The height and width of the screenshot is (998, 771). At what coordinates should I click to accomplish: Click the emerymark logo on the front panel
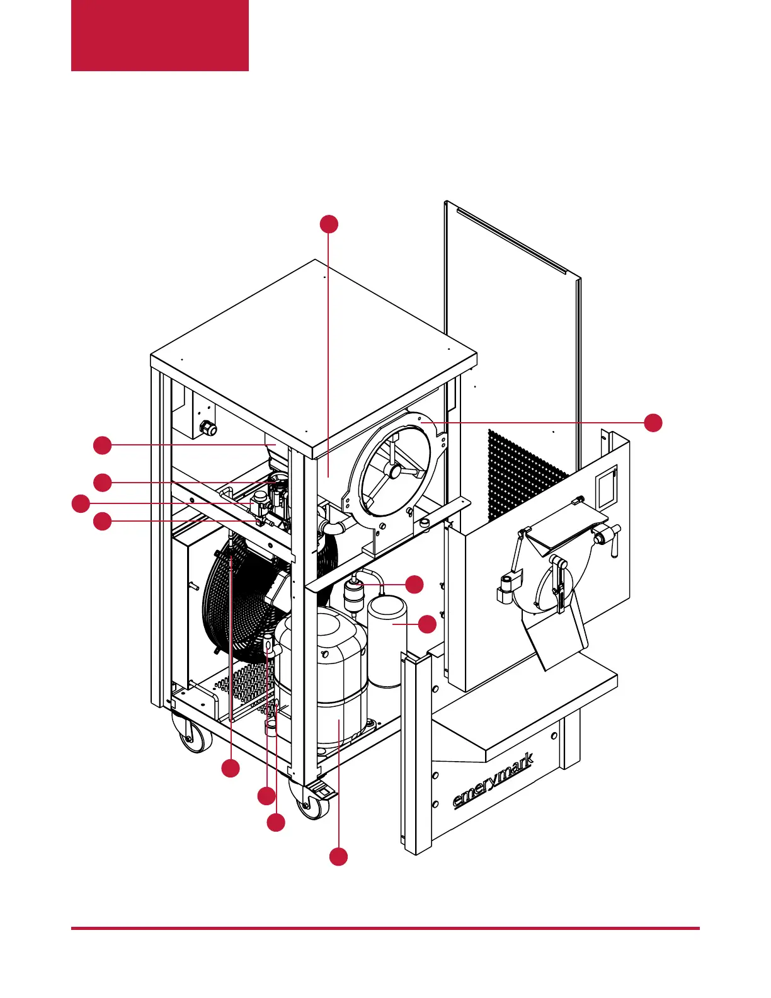493,780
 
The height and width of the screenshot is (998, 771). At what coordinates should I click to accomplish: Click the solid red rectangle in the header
160,35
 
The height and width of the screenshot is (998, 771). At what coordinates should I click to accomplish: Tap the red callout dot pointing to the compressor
339,857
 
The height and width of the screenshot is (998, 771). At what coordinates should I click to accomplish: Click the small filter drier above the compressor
354,594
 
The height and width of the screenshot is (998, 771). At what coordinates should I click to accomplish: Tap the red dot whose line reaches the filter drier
414,584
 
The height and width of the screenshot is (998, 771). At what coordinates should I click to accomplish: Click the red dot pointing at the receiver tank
428,624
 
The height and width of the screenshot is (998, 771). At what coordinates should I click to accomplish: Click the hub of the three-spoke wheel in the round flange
394,471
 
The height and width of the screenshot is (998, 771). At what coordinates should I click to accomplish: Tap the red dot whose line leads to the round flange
654,422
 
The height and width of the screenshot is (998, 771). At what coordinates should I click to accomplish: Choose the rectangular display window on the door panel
606,488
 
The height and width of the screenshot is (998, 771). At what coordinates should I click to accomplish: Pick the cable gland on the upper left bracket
207,429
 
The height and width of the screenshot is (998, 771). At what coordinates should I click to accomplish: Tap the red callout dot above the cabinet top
329,224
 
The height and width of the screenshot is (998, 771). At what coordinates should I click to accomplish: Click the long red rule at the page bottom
385,928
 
